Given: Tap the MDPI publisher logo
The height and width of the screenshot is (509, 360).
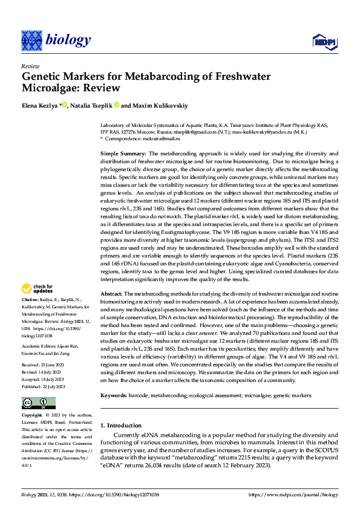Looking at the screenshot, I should tap(324, 41).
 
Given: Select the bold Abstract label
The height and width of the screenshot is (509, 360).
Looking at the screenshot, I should tap(113, 293).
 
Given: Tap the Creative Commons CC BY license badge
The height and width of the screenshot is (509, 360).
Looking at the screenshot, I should tap(38, 403).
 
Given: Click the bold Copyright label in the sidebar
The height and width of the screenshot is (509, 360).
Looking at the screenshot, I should tap(32, 415).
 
